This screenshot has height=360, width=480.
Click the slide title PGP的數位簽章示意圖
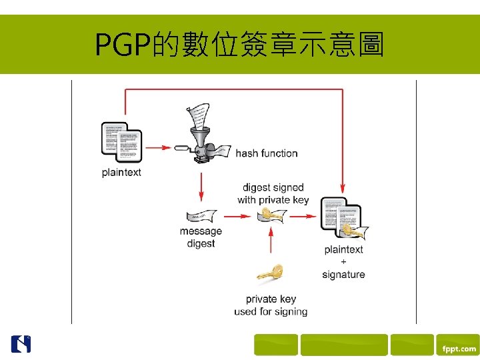(x=239, y=45)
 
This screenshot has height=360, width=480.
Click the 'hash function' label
(x=267, y=153)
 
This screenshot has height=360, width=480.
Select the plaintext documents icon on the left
(x=122, y=142)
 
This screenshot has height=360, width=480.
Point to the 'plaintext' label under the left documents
(x=121, y=173)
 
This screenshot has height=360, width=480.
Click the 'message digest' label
(x=201, y=237)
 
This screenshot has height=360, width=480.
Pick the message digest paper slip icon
(x=201, y=216)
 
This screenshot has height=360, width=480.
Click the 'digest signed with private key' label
(x=273, y=194)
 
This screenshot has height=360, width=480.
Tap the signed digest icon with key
(x=272, y=215)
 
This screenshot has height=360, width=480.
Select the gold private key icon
(x=271, y=273)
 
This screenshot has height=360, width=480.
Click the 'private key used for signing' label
(x=271, y=305)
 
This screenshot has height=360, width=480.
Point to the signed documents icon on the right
(x=343, y=217)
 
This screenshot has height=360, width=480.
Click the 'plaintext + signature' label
(x=343, y=262)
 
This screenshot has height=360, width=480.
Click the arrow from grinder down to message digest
(x=201, y=187)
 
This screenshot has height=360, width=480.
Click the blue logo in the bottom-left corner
(x=21, y=343)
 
